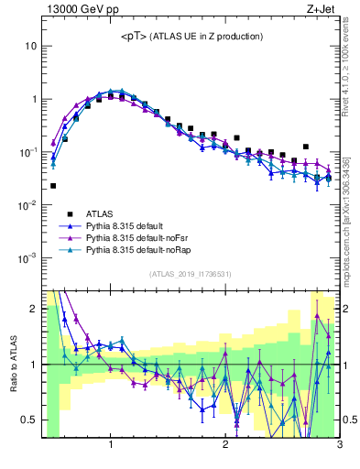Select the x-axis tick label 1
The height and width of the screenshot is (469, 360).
pos(111,445)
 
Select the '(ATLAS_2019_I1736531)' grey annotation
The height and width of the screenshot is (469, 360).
pos(191,274)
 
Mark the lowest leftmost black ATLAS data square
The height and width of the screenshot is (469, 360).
pos(53,186)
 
